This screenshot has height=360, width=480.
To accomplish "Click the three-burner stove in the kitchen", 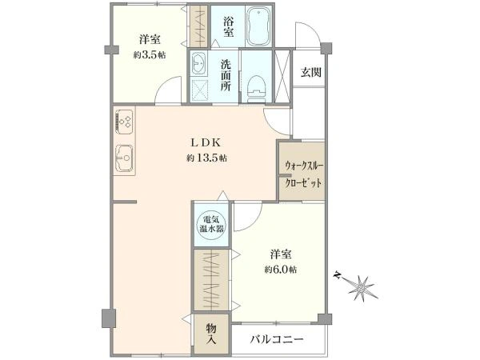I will tap(124, 121).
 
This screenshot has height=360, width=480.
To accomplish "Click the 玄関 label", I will tap(310, 72).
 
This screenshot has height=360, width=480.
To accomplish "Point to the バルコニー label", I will tap(276, 340).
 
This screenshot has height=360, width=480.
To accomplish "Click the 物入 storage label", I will tap(211, 334).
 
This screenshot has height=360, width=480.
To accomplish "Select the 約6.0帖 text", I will tap(279, 269).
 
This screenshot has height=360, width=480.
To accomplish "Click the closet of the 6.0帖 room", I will tap(212, 280).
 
